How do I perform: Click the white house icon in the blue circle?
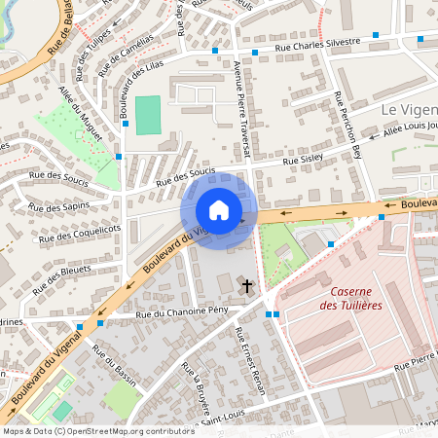219,210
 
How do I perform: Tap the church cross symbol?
246,286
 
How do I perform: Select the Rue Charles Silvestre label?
317,43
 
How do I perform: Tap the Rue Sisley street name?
304,157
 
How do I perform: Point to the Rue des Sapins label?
58,206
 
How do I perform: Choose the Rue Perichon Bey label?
347,126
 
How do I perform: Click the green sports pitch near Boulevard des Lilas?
148,115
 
